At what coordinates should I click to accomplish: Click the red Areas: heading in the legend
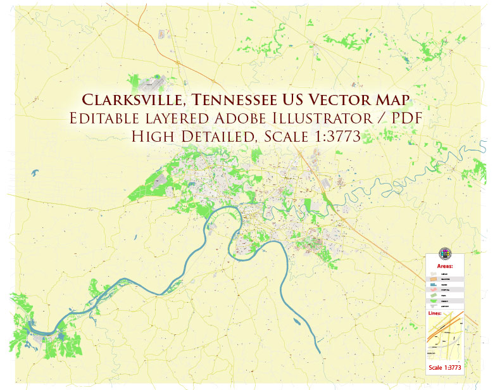pos(445,267)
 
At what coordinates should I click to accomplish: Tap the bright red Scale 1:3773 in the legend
pos(445,367)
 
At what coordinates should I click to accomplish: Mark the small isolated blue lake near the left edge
pos(32,172)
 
